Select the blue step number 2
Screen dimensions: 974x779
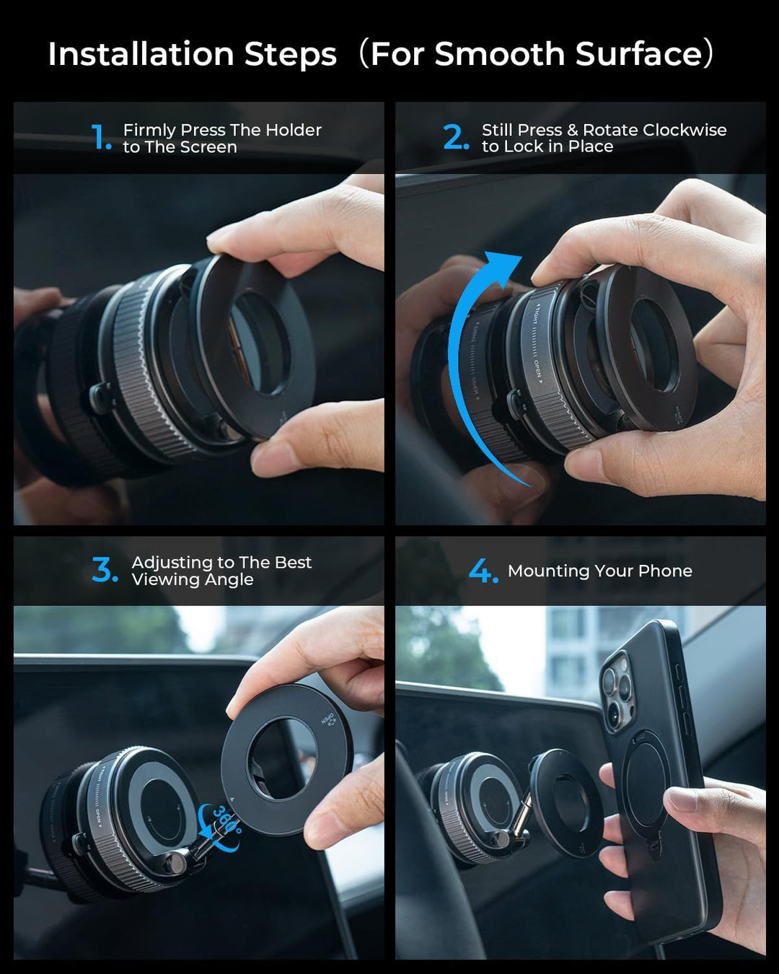[455, 137]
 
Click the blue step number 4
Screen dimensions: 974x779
[481, 571]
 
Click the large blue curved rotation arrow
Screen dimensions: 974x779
[465, 361]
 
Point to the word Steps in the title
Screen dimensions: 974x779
[291, 55]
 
